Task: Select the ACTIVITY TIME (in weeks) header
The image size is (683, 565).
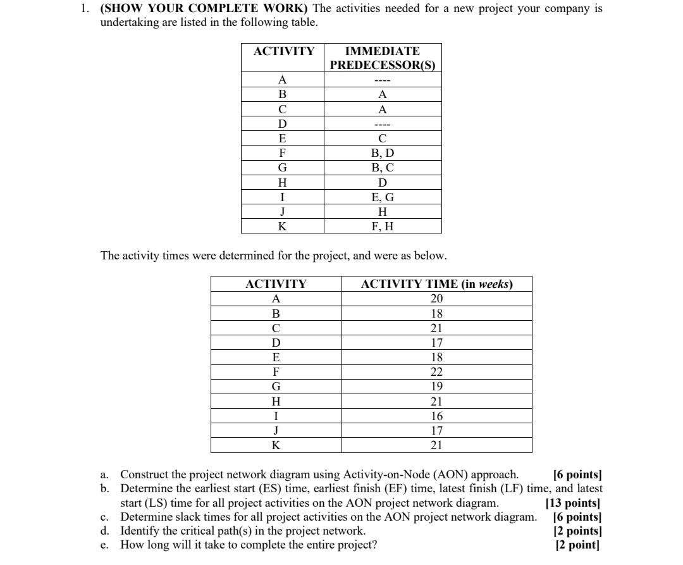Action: coord(436,284)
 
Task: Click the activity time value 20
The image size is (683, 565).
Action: coord(436,299)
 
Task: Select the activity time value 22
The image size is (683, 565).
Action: coord(436,372)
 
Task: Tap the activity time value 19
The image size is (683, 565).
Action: coord(436,387)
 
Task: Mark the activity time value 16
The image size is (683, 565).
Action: coord(436,416)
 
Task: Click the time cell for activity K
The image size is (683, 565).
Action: coord(436,445)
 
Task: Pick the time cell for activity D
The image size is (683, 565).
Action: coord(436,343)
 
